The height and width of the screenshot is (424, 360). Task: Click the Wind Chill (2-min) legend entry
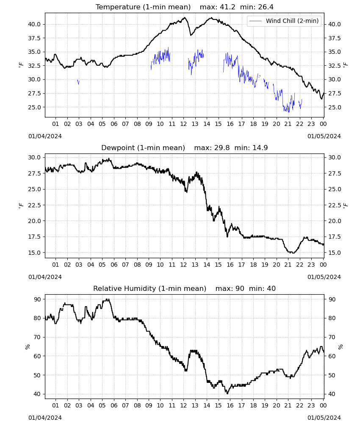[x=284, y=21]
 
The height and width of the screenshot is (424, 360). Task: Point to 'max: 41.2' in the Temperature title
[x=217, y=7]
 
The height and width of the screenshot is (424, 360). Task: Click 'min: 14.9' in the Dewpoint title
[x=251, y=148]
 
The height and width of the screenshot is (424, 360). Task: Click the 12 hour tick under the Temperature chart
[x=183, y=124]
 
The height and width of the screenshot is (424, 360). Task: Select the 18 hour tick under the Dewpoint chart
[x=253, y=265]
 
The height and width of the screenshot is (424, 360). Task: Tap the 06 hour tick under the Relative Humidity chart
[x=114, y=405]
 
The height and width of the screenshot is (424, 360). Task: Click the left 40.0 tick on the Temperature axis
[x=34, y=24]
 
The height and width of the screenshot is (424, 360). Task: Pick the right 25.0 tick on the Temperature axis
[x=334, y=107]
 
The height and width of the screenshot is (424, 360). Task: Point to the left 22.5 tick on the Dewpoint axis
[x=34, y=205]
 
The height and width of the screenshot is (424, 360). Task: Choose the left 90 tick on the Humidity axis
[x=38, y=299]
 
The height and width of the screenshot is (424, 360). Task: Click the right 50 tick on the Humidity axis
[x=332, y=375]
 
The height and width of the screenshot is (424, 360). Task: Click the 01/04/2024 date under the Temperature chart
[x=45, y=136]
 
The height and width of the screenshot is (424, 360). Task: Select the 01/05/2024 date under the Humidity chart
[x=324, y=418]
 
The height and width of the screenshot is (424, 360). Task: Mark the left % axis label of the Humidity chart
[x=28, y=347]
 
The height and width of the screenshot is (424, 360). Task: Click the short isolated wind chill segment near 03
[x=78, y=82]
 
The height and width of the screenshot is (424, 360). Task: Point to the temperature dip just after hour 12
[x=191, y=35]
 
